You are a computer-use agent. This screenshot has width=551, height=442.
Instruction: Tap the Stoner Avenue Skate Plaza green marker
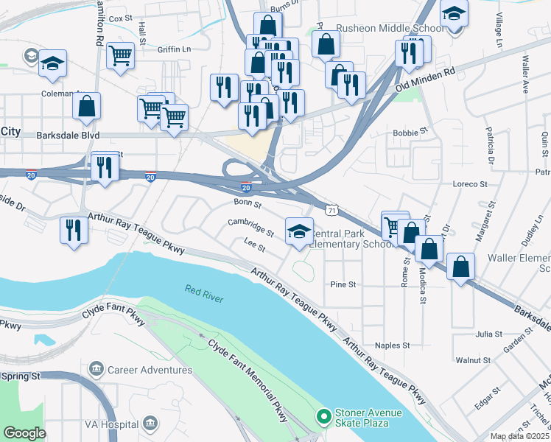323,418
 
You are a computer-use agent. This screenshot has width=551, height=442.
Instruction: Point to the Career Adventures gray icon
95,368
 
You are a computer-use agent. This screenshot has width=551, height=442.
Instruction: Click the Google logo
24,433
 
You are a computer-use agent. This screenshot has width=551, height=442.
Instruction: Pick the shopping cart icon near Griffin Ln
121,55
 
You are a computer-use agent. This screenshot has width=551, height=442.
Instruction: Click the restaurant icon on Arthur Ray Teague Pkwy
74,228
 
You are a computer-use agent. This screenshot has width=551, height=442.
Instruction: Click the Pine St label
343,284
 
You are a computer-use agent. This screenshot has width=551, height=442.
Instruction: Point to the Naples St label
392,345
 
